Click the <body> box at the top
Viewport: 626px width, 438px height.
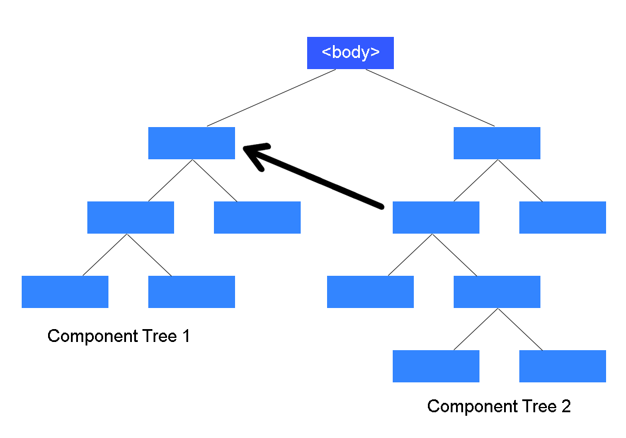pyautogui.click(x=350, y=53)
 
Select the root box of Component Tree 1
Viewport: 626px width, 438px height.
pyautogui.click(x=191, y=143)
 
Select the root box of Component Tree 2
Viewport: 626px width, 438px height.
pyautogui.click(x=496, y=143)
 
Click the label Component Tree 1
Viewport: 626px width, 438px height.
pyautogui.click(x=118, y=336)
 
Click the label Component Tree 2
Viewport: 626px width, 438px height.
pyautogui.click(x=499, y=406)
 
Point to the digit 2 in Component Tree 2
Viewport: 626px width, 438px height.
pyautogui.click(x=566, y=406)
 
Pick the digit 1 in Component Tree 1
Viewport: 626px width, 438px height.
pyautogui.click(x=186, y=336)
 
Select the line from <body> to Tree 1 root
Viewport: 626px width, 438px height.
pyautogui.click(x=271, y=98)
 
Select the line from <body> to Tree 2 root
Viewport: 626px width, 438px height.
pyautogui.click(x=430, y=98)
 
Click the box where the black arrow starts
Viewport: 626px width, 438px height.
pyautogui.click(x=436, y=217)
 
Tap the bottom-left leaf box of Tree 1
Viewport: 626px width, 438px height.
pyautogui.click(x=64, y=292)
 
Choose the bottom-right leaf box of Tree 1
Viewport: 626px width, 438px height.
pyautogui.click(x=191, y=292)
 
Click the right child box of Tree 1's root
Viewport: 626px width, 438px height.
pyautogui.click(x=257, y=217)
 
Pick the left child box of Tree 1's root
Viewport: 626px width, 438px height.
pyautogui.click(x=130, y=217)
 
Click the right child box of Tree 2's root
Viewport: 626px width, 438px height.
pyautogui.click(x=562, y=217)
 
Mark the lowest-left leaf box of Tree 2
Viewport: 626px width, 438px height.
pyautogui.click(x=436, y=366)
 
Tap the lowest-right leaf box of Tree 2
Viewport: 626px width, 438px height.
pyautogui.click(x=562, y=366)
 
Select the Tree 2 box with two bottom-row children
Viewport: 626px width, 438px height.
pyautogui.click(x=496, y=292)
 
